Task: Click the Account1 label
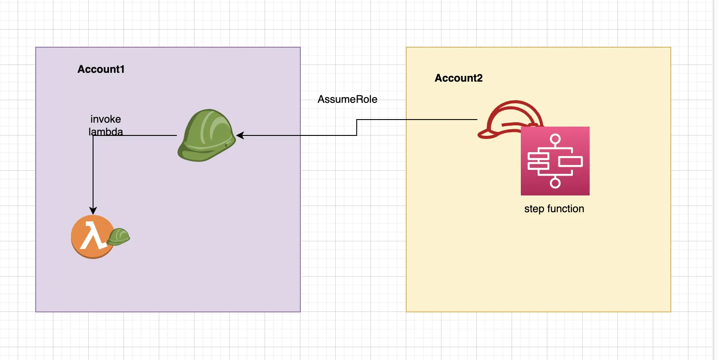(101, 69)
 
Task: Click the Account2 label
(459, 78)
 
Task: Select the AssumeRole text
(347, 99)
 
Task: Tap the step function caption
(554, 209)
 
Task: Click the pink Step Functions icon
(555, 161)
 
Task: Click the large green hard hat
(207, 135)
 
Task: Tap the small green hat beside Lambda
(119, 237)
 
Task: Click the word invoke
(105, 119)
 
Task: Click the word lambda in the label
(105, 131)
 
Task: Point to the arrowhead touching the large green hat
(240, 135)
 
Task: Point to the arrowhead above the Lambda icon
(93, 210)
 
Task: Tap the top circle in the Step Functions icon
(555, 140)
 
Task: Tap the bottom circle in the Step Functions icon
(555, 183)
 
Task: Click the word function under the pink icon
(565, 209)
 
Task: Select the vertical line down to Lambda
(93, 172)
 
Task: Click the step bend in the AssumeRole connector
(357, 127)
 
